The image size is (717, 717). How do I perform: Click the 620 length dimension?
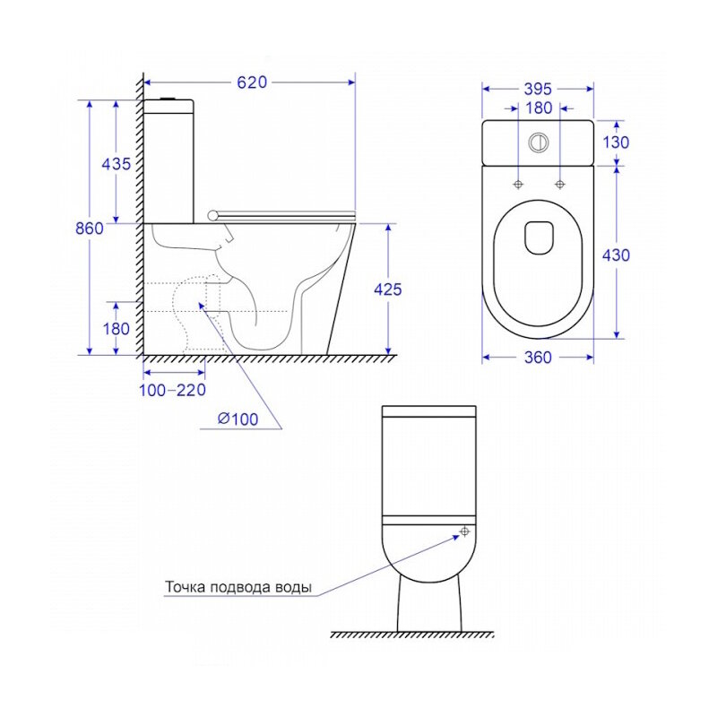point(252,82)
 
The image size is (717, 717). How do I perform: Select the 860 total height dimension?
point(89,228)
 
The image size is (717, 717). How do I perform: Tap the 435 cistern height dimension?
point(117,164)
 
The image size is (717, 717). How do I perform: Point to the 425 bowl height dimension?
point(388,289)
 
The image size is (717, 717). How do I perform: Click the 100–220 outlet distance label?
point(172,390)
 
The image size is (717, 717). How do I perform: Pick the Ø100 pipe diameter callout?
point(238,419)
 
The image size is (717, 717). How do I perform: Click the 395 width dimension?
point(538,89)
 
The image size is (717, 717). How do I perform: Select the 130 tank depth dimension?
point(616,143)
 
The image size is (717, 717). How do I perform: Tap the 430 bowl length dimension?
point(616,255)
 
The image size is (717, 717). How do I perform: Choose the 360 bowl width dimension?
point(538,357)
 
